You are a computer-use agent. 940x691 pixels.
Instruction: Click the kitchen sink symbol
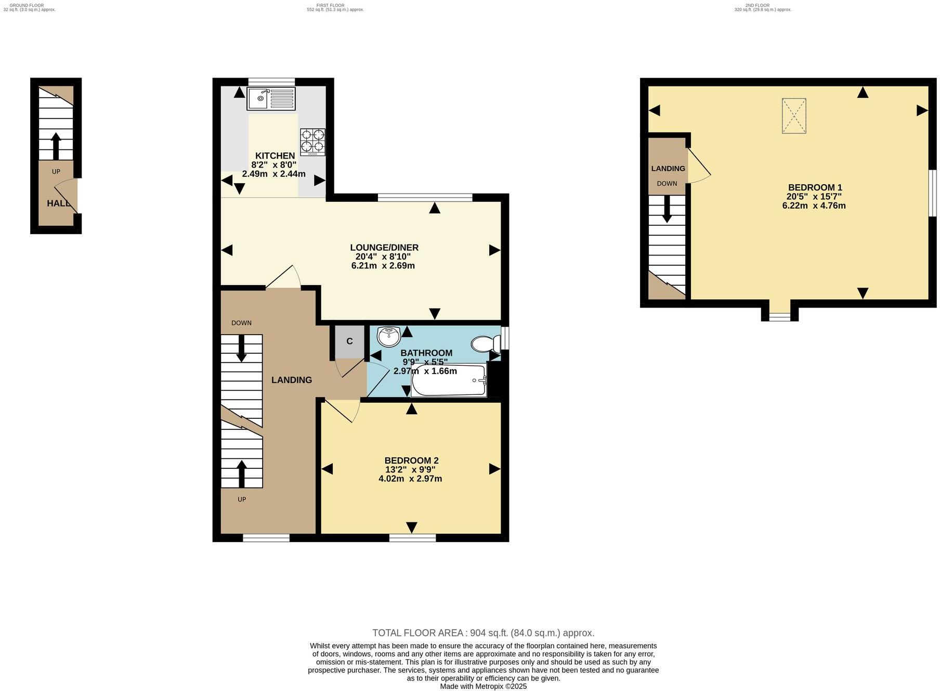[271, 98]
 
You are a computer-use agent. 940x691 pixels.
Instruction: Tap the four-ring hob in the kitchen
[312, 142]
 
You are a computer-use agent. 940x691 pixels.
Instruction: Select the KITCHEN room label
[275, 156]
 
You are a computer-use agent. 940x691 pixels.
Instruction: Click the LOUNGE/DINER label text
[384, 248]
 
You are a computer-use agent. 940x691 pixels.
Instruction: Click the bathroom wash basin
[388, 337]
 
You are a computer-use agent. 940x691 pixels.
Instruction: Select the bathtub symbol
[449, 380]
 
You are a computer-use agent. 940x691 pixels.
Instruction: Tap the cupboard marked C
[349, 341]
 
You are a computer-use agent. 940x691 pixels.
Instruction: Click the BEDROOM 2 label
[411, 460]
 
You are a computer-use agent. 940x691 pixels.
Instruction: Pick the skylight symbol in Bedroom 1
[793, 116]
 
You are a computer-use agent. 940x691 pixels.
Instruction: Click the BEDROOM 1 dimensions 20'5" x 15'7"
[814, 197]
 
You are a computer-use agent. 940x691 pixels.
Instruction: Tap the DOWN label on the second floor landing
[667, 184]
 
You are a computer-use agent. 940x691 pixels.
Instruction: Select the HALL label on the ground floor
[58, 203]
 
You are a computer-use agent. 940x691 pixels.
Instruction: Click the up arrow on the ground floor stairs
[56, 146]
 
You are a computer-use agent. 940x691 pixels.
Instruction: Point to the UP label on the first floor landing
[242, 500]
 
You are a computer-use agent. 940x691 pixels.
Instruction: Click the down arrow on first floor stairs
[242, 348]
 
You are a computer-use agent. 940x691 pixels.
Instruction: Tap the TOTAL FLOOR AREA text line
[483, 633]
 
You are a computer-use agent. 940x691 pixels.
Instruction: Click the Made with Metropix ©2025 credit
[483, 686]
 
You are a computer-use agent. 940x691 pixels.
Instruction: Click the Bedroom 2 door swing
[343, 411]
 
